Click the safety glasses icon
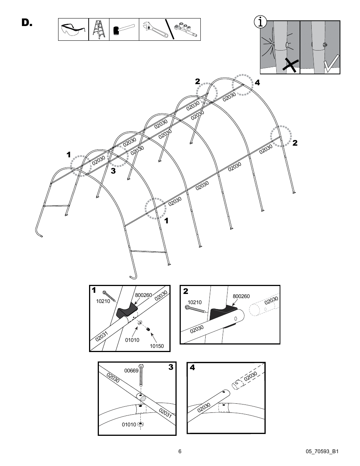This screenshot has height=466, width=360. [x=73, y=29]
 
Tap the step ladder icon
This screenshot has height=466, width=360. [x=99, y=29]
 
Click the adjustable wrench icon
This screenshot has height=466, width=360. [x=153, y=29]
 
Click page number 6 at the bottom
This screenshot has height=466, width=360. [x=180, y=451]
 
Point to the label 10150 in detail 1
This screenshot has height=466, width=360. [x=157, y=346]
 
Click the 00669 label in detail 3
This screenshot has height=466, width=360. [x=131, y=371]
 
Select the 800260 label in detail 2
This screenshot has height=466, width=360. [x=241, y=297]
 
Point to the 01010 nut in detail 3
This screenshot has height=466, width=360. [x=141, y=424]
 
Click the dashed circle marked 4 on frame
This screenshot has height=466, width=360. [x=242, y=85]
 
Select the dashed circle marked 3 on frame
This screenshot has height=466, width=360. [x=118, y=155]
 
